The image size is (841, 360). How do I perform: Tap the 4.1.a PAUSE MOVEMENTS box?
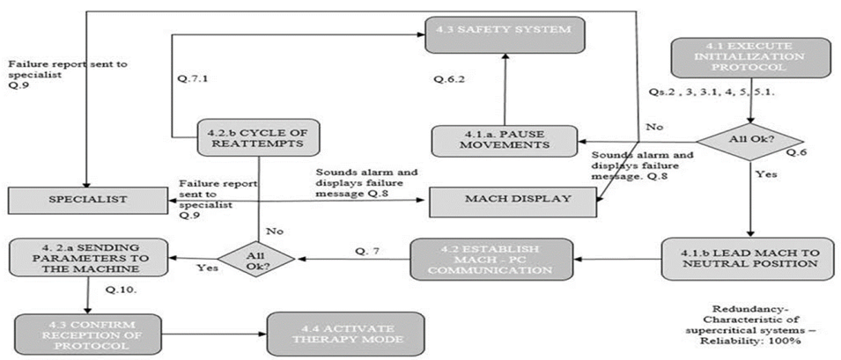[x=503, y=142]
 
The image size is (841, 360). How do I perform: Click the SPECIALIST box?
[x=88, y=201]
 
